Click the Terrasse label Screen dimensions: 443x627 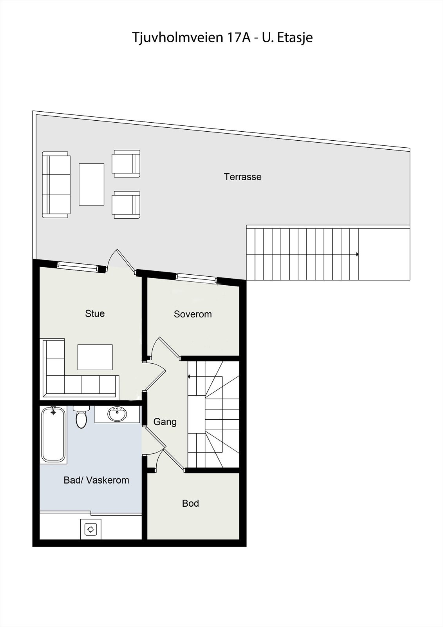point(242,177)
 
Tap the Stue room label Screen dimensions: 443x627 point(95,313)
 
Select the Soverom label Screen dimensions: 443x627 point(193,314)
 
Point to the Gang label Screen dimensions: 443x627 point(165,422)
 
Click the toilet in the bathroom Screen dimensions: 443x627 point(81,417)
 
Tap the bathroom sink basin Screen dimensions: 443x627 point(117,414)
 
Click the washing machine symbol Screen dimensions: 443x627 point(91,529)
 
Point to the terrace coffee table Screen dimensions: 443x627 point(92,185)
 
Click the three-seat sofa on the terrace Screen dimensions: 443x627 point(56,185)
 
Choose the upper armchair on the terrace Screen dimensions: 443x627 point(126,164)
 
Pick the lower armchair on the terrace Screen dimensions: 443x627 point(126,205)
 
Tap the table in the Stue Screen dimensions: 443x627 point(95,357)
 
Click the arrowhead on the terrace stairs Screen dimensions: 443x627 point(357,254)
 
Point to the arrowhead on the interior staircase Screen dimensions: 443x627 point(189,377)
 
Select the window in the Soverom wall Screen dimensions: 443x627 point(197,278)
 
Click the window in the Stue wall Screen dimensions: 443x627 point(79,266)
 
